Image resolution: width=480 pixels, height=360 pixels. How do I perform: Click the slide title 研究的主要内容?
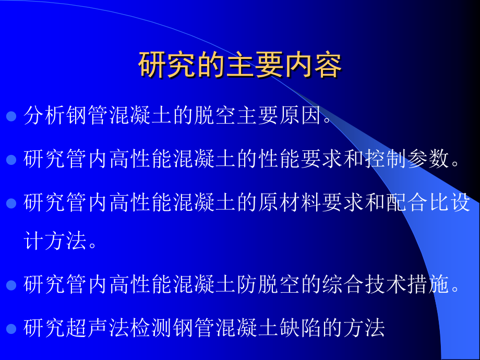[x=240, y=65]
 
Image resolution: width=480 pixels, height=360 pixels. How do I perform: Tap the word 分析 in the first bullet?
[x=45, y=116]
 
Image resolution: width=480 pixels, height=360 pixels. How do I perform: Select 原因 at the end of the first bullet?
[x=302, y=116]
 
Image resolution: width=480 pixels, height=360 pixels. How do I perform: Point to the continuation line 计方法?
[x=55, y=243]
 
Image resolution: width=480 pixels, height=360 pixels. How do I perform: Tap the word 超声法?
[x=98, y=328]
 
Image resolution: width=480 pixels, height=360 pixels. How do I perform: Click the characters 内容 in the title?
[x=320, y=65]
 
